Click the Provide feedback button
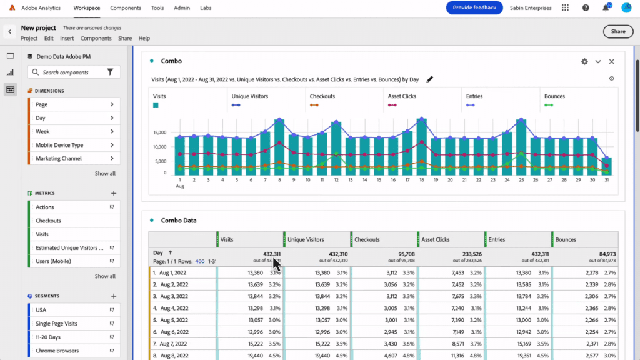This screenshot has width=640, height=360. (474, 7)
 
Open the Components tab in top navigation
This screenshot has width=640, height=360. (125, 7)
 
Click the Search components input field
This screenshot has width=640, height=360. (69, 72)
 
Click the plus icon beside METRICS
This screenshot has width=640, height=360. (114, 194)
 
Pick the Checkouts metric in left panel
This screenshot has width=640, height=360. (49, 221)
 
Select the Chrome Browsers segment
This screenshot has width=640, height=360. (57, 351)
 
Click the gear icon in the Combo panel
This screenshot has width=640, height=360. (584, 61)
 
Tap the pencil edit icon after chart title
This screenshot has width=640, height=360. (429, 79)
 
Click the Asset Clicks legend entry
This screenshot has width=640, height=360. (402, 96)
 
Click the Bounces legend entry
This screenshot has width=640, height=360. (554, 96)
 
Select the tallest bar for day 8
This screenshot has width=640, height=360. (279, 147)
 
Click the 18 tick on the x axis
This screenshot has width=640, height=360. (421, 179)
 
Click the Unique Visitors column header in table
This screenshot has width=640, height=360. (306, 239)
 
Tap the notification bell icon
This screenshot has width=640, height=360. (606, 7)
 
